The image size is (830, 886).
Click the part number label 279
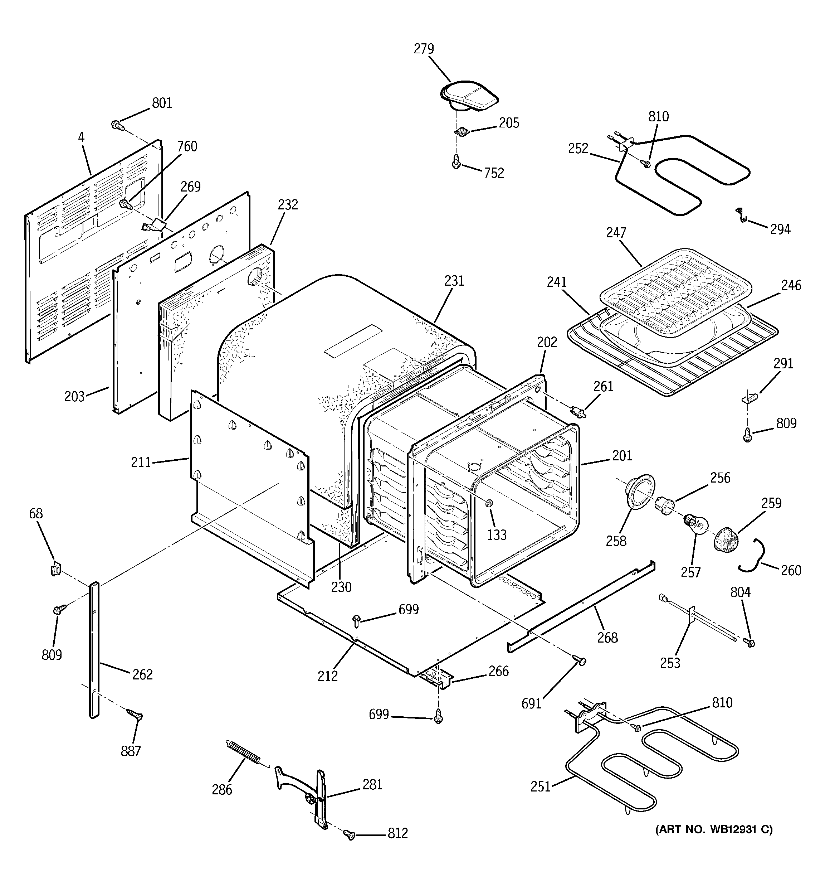(424, 49)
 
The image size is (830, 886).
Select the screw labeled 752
(456, 161)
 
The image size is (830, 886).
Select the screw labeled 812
(350, 835)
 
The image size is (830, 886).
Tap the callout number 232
(288, 205)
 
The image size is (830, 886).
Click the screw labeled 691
(580, 662)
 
